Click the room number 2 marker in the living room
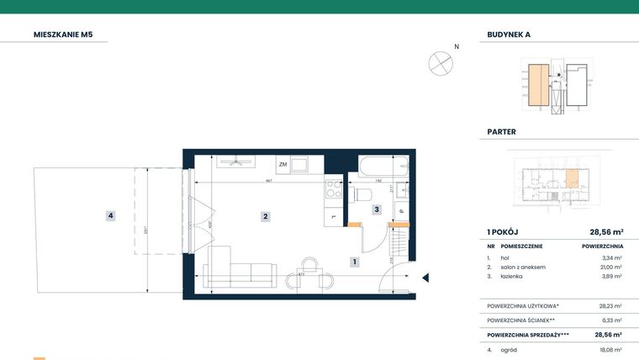265,216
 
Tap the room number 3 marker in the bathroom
378,209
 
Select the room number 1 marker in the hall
355,262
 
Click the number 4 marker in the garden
110,216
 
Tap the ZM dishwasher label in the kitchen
283,165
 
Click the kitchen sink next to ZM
302,164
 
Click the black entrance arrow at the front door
425,278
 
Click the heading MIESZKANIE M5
63,34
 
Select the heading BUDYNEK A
509,34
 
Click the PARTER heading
502,131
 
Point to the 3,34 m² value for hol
612,258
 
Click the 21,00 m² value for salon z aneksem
610,267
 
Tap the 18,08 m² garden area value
610,349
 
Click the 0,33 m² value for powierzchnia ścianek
611,320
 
